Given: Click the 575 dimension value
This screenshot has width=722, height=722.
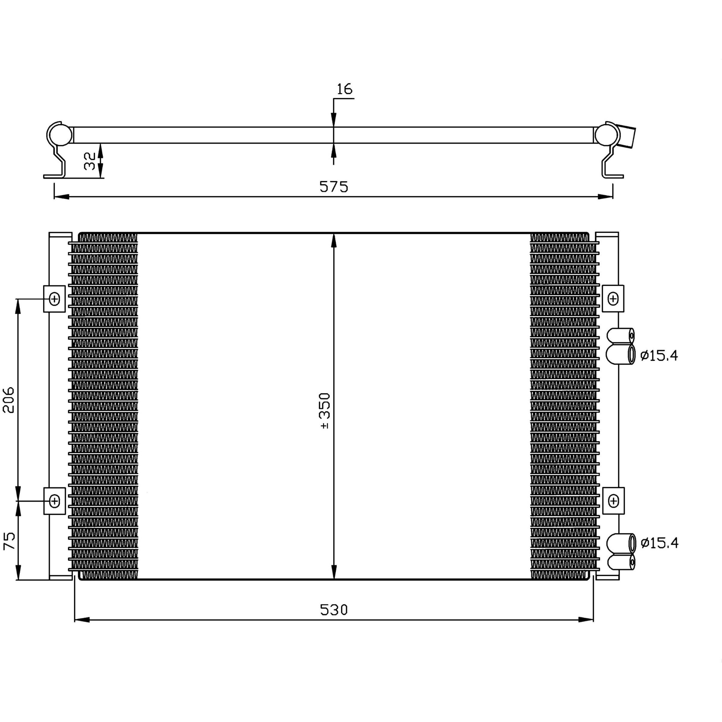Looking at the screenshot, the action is (334, 187).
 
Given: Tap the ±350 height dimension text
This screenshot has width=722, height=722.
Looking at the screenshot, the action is (324, 410).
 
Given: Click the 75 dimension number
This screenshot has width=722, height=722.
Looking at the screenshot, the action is (9, 541).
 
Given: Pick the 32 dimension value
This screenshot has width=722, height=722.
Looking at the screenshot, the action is (90, 161).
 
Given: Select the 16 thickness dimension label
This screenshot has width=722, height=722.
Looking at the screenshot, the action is (344, 89).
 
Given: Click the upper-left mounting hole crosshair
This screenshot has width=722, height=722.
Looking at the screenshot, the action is (55, 299).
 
